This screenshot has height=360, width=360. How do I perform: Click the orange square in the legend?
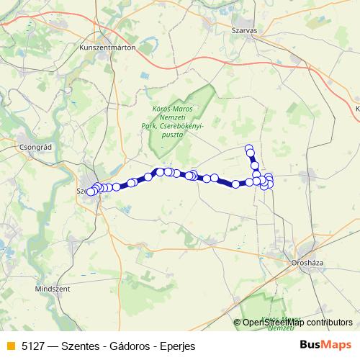coord(10,346)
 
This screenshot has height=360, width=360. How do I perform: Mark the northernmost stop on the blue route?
coord(249,149)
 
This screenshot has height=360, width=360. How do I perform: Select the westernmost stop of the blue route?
coord(90,192)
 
